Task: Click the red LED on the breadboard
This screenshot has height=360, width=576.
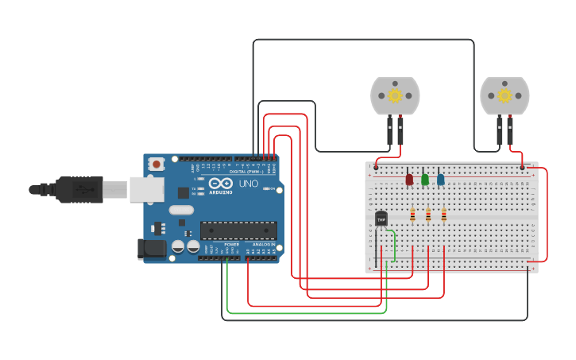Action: tap(409, 180)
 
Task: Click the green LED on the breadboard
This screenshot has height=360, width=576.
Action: tap(425, 180)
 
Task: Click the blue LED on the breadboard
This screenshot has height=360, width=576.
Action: tap(441, 180)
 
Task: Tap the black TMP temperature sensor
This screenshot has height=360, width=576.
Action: tap(381, 219)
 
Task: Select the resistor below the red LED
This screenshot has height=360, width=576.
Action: tap(412, 215)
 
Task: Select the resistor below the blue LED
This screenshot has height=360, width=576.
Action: tap(443, 215)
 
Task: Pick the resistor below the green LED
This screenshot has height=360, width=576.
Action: tap(428, 215)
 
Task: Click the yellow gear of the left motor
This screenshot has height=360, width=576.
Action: tap(395, 96)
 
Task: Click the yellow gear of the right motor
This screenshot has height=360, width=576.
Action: tap(504, 96)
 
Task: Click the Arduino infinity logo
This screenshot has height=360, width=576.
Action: tap(222, 184)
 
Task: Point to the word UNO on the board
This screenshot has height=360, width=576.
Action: tap(248, 184)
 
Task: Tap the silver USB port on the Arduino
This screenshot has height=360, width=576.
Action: tap(147, 189)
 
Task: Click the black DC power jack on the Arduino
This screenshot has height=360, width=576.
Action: tap(152, 249)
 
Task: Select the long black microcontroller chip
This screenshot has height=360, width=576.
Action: tap(238, 230)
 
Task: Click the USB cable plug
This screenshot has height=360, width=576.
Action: tap(79, 190)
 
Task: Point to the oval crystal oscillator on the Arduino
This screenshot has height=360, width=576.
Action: tap(181, 210)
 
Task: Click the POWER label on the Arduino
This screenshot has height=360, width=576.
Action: tap(231, 244)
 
